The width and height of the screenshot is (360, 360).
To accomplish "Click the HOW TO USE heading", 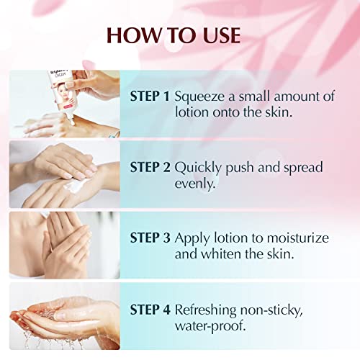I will click(179, 36).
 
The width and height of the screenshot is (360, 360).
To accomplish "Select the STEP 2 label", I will click(149, 166).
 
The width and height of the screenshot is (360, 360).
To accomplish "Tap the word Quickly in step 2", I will click(198, 166).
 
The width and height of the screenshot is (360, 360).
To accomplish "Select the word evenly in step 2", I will click(194, 183).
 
